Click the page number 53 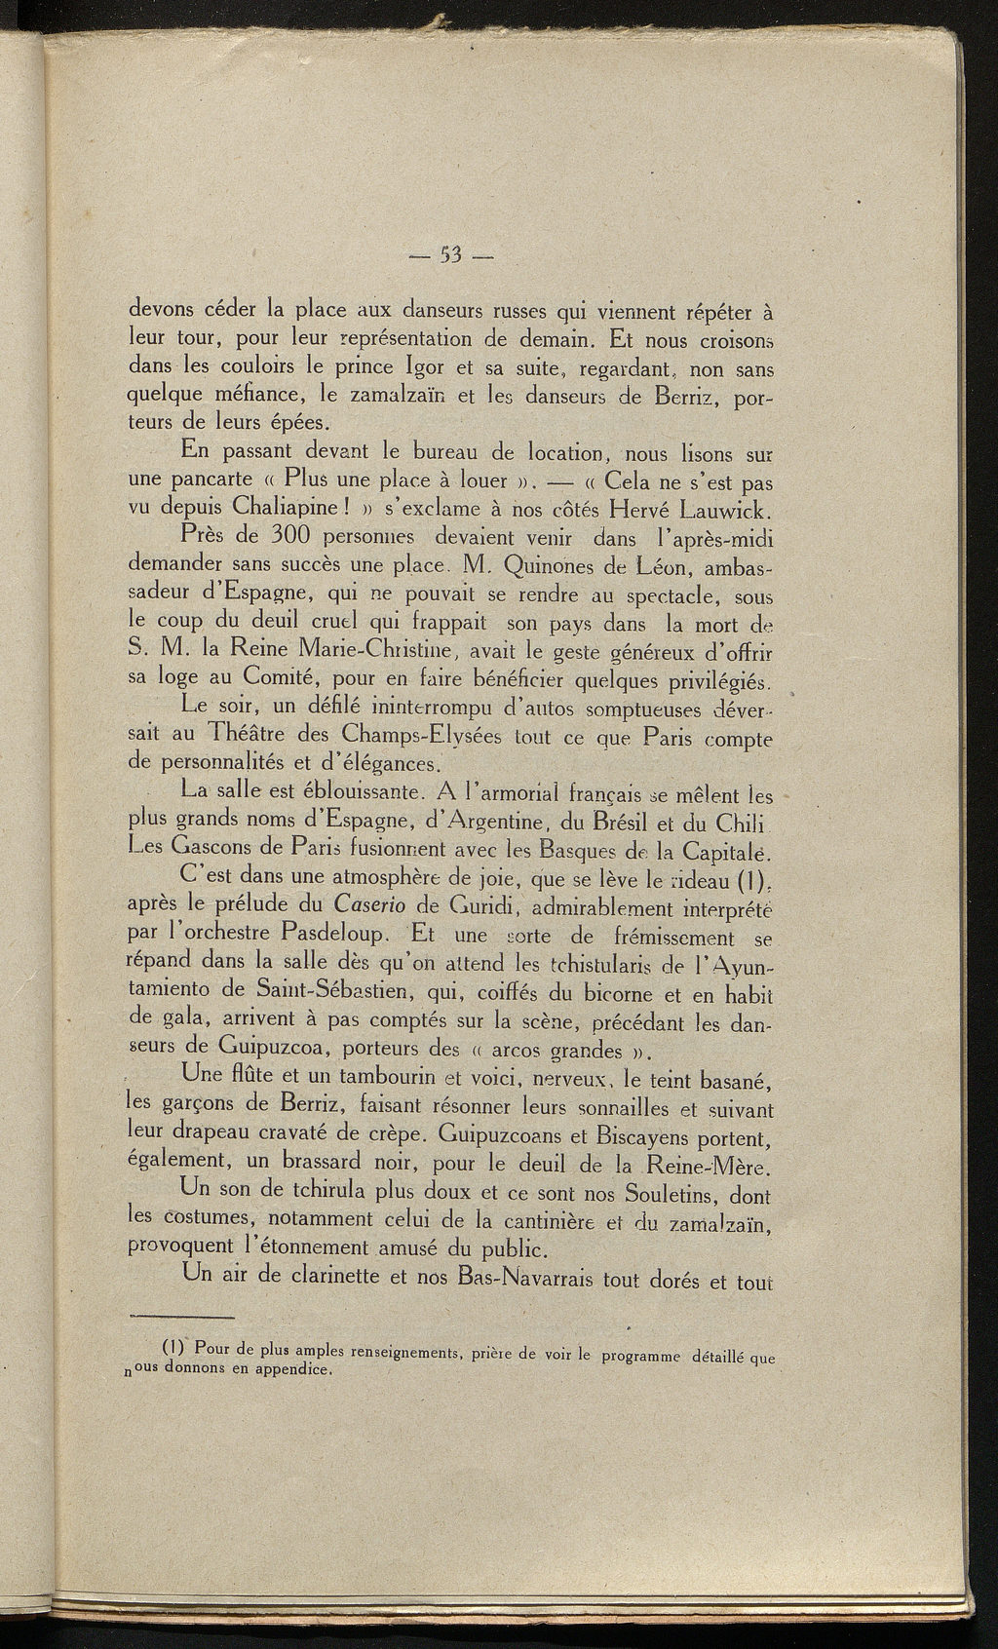pyautogui.click(x=450, y=257)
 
